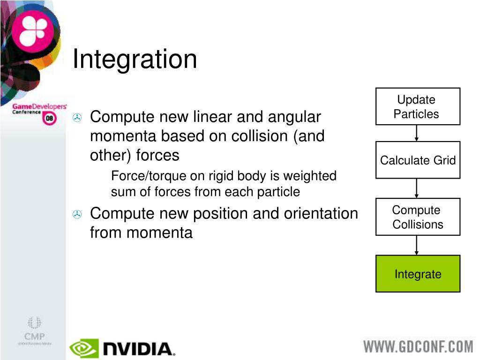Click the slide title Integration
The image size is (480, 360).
[x=135, y=60]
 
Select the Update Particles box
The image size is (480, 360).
[x=418, y=106]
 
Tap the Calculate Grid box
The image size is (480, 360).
[x=418, y=160]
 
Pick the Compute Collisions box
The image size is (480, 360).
[x=418, y=217]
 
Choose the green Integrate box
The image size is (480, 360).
[x=418, y=274]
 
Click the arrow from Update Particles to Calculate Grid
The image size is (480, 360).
[x=417, y=133]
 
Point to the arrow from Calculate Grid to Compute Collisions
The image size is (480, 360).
[x=417, y=188]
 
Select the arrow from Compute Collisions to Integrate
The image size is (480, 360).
[x=417, y=245]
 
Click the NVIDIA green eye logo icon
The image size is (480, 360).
[x=84, y=348]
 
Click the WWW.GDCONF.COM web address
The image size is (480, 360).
[x=418, y=347]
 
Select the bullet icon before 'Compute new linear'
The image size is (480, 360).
[x=77, y=118]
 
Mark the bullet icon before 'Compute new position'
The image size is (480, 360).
[x=77, y=214]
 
